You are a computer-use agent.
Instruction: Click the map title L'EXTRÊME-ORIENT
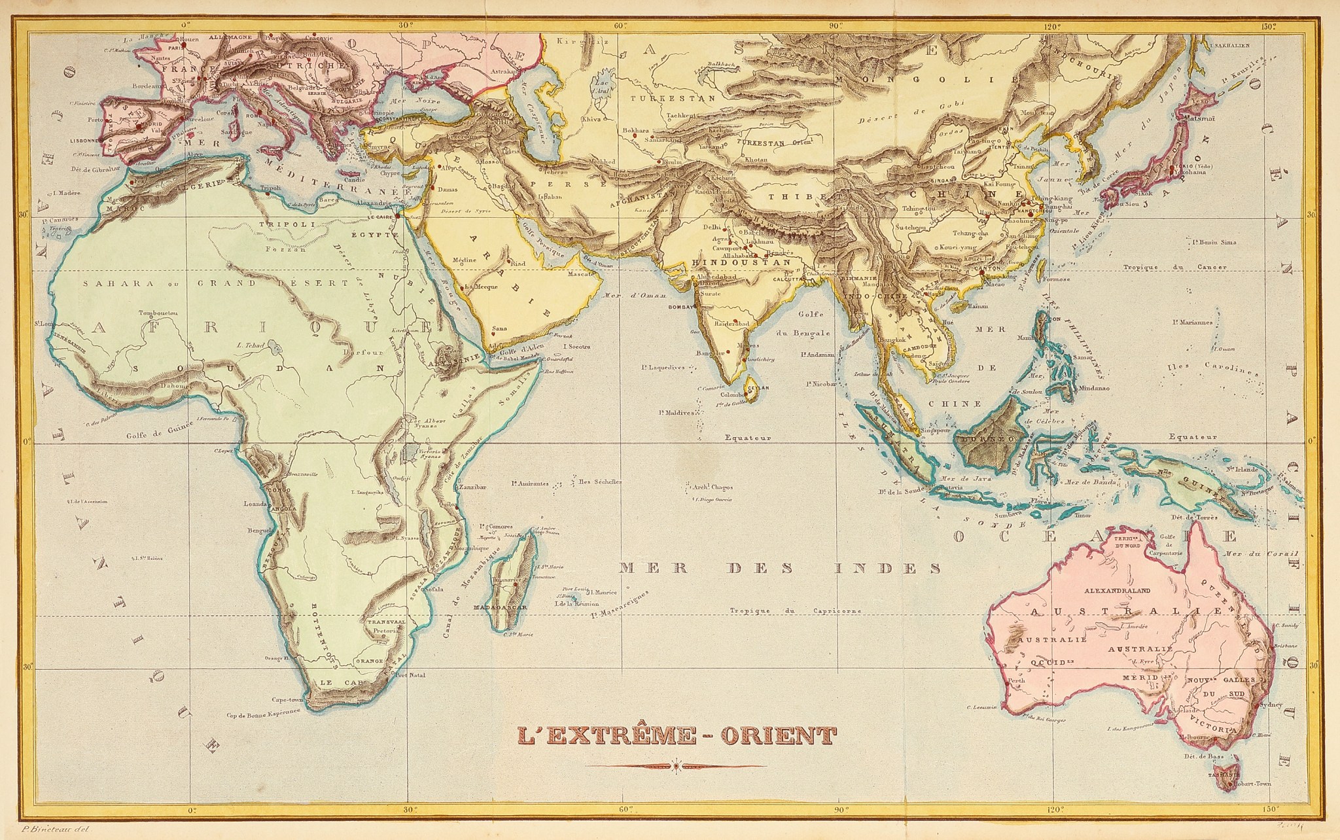click(676, 735)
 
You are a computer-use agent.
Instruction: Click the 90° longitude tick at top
click(836, 27)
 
